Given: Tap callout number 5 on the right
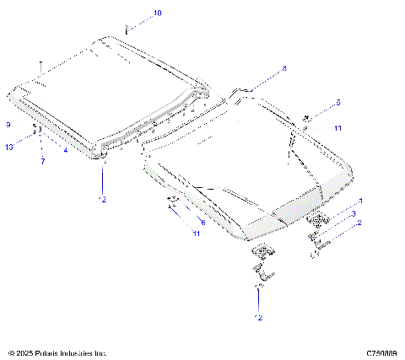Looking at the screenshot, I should pyautogui.click(x=337, y=102).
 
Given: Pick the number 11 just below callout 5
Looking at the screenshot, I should pyautogui.click(x=337, y=128).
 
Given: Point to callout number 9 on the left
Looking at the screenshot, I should pyautogui.click(x=8, y=124).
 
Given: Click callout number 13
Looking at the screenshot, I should pyautogui.click(x=8, y=148).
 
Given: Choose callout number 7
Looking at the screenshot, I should pyautogui.click(x=41, y=160).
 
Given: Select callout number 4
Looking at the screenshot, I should pyautogui.click(x=65, y=149).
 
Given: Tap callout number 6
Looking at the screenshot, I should pyautogui.click(x=202, y=222).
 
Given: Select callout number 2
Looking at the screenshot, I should pyautogui.click(x=360, y=223).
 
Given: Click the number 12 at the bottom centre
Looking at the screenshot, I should pyautogui.click(x=259, y=317).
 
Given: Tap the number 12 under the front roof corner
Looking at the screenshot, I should pyautogui.click(x=102, y=199).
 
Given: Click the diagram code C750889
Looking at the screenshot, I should pyautogui.click(x=381, y=353).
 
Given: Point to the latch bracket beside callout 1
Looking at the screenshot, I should pyautogui.click(x=319, y=221).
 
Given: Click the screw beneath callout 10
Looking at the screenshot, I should pyautogui.click(x=127, y=30).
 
